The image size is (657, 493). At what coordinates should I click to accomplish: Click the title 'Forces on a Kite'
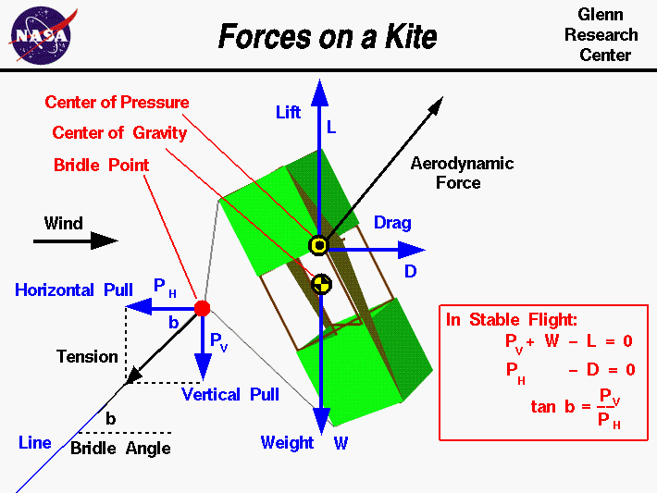click(x=327, y=37)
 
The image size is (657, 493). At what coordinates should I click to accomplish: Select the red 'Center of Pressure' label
click(x=117, y=103)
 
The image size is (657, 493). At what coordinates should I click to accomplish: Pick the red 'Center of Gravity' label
click(x=119, y=133)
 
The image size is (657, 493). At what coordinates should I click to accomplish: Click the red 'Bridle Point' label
click(x=102, y=165)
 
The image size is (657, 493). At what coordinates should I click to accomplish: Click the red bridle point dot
click(x=202, y=308)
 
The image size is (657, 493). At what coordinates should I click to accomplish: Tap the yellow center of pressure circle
click(x=319, y=245)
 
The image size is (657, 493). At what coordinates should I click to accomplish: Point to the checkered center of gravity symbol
click(x=320, y=284)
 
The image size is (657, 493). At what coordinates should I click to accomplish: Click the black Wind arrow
click(x=76, y=241)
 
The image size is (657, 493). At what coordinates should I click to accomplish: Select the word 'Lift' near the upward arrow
click(x=289, y=112)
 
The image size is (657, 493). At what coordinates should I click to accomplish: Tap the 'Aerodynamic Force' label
click(x=461, y=173)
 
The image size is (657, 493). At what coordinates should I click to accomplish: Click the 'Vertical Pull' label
click(x=230, y=395)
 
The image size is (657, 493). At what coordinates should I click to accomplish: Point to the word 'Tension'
click(x=87, y=356)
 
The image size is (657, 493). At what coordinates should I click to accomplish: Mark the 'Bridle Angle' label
click(x=120, y=449)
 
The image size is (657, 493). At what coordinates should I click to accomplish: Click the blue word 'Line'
click(x=35, y=443)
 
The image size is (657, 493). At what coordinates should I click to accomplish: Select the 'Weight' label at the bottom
click(x=287, y=443)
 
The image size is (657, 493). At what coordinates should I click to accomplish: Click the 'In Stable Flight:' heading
click(x=511, y=320)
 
